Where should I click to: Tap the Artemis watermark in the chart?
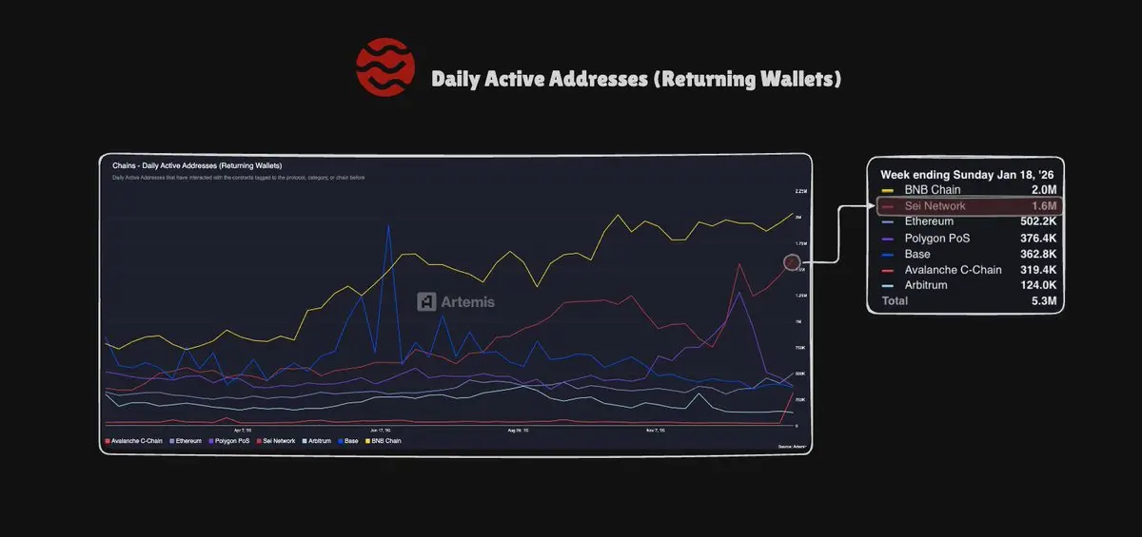(456, 301)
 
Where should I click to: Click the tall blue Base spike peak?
(387, 225)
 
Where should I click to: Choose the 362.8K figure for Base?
(1037, 254)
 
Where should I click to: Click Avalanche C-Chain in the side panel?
(953, 270)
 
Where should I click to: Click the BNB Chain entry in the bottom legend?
(385, 441)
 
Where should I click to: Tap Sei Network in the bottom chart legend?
(279, 441)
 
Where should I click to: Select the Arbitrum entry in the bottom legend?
(318, 441)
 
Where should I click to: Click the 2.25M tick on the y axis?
(799, 191)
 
